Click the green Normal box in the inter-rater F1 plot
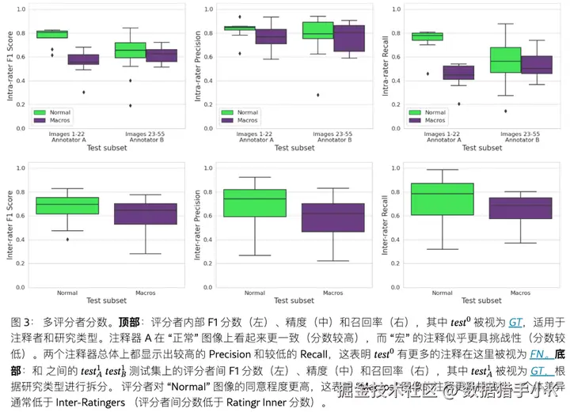coord(67,206)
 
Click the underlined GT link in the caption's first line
coord(515,322)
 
